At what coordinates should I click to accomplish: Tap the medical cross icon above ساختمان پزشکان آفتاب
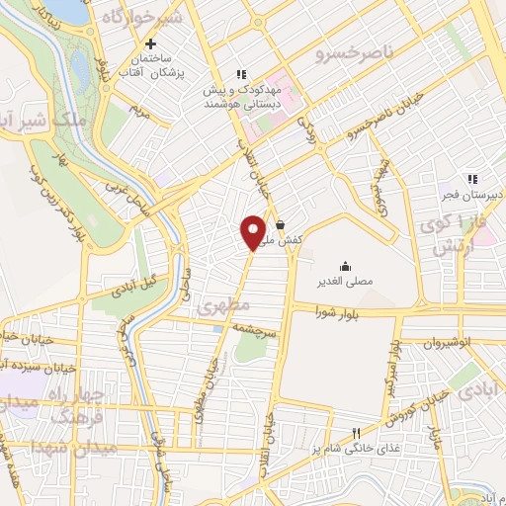click(x=150, y=43)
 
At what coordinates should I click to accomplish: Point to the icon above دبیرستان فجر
click(x=472, y=179)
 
